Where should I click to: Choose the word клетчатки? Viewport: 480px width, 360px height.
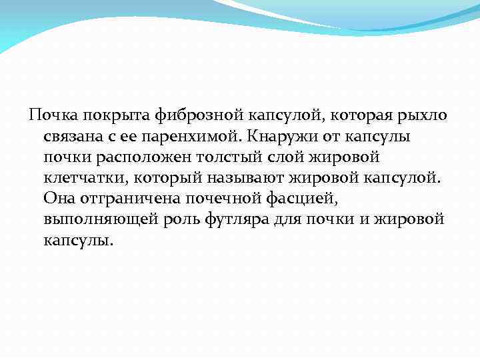tap(85, 179)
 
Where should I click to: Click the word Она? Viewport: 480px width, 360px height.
tap(58, 199)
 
